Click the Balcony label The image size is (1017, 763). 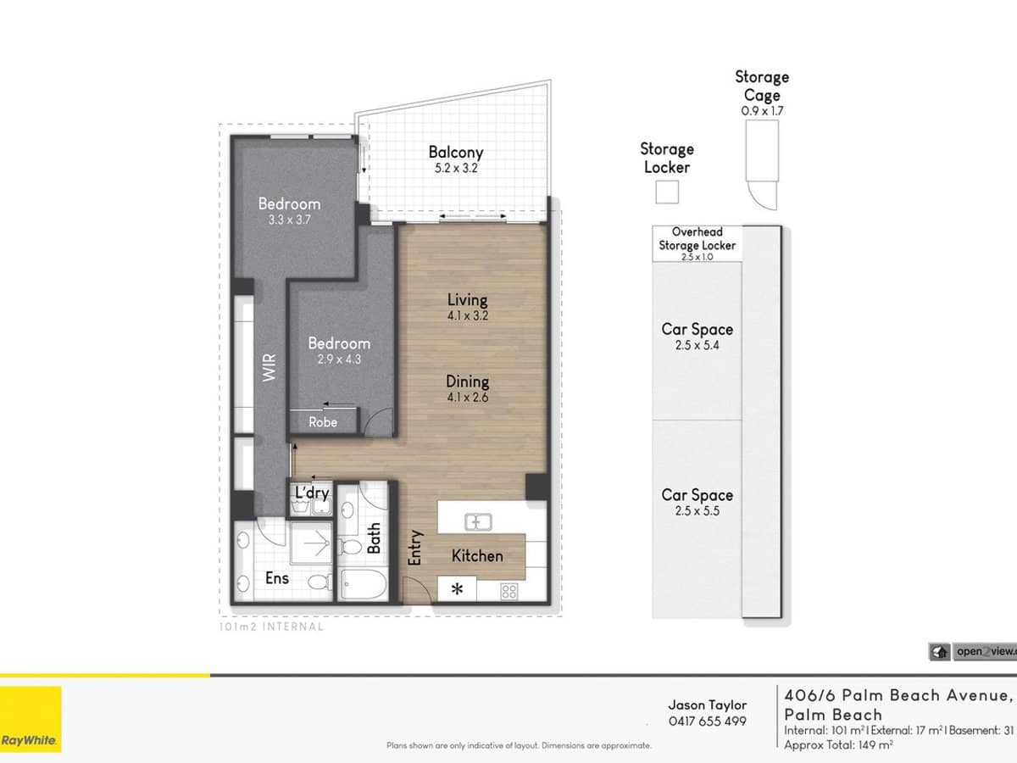[455, 153]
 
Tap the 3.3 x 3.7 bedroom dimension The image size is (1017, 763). [289, 220]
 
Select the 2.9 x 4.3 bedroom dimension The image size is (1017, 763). [338, 359]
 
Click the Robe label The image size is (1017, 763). [322, 421]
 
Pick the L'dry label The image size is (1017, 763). [311, 493]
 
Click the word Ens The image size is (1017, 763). [276, 578]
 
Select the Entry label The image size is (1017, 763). [415, 548]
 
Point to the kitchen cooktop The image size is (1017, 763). [509, 591]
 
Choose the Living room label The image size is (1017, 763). [467, 299]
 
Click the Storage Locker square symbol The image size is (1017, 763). [667, 193]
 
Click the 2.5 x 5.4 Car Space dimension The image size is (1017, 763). [697, 346]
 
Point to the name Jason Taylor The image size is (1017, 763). [707, 705]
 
